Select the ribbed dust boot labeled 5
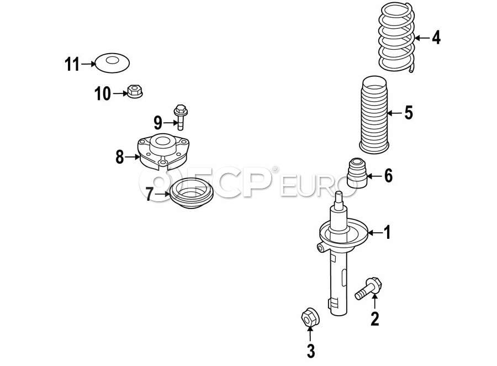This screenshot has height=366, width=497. [x=374, y=114]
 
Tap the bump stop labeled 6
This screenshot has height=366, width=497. [x=357, y=173]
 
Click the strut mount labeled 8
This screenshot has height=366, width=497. [x=163, y=151]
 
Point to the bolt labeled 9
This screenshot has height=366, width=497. [x=181, y=117]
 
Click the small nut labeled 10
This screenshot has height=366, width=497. [x=135, y=91]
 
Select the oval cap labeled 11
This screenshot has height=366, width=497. [x=112, y=63]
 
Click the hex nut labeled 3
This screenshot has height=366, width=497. [x=310, y=316]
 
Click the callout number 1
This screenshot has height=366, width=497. [x=387, y=233]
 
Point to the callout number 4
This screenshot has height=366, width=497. [x=436, y=38]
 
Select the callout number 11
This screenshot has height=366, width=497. [x=72, y=64]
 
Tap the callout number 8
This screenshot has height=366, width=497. [x=119, y=157]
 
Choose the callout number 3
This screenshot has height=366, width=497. [x=311, y=352]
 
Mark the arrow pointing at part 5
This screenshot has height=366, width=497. [x=395, y=113]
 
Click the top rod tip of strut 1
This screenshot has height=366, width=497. [x=339, y=194]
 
